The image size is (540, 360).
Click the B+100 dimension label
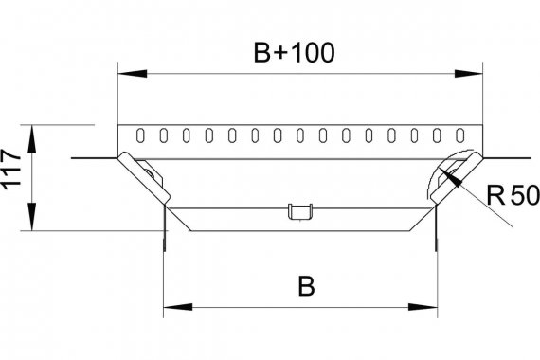[x=294, y=53]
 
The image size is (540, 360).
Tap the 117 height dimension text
[x=11, y=170]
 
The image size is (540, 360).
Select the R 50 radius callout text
[x=513, y=195]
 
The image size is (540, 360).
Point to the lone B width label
[x=306, y=285]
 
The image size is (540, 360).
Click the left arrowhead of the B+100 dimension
[x=133, y=73]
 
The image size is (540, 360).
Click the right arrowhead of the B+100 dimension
[x=468, y=73]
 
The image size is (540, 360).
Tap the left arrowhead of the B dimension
[x=178, y=307]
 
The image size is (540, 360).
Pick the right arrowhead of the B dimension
[x=423, y=307]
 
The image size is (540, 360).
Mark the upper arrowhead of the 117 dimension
[x=31, y=139]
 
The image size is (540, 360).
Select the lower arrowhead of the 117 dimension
[x=31, y=217]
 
